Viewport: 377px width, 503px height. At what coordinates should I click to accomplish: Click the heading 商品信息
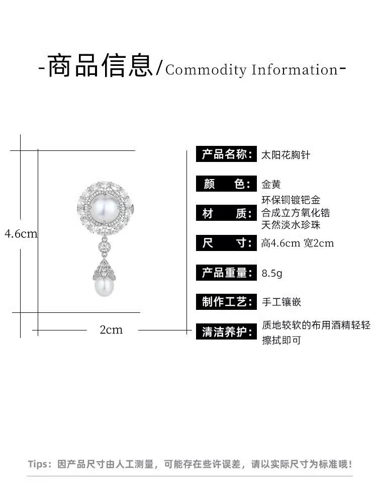click(x=100, y=66)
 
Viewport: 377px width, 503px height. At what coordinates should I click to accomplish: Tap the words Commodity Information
click(x=251, y=69)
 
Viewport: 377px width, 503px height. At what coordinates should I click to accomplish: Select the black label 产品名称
click(x=226, y=154)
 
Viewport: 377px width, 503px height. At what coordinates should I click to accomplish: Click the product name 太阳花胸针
click(x=286, y=155)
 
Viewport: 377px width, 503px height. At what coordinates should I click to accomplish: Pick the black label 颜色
click(x=226, y=184)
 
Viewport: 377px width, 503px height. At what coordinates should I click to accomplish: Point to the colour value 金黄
click(x=271, y=184)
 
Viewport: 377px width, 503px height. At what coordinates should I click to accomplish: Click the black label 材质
click(x=226, y=214)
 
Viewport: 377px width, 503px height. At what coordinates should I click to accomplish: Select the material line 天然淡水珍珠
click(x=291, y=225)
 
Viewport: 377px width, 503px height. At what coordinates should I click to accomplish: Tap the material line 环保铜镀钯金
click(x=291, y=200)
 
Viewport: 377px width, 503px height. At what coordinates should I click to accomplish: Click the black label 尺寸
click(x=226, y=243)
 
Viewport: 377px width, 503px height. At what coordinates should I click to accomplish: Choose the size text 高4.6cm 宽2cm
click(x=298, y=243)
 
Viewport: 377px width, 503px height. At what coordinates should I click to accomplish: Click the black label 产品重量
click(x=226, y=273)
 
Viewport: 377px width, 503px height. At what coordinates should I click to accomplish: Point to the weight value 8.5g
click(x=272, y=274)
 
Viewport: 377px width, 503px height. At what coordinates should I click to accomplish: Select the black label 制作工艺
click(x=226, y=302)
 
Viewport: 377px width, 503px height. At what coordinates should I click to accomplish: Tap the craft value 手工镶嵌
click(x=281, y=302)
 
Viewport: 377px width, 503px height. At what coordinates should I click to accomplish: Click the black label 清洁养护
click(x=226, y=332)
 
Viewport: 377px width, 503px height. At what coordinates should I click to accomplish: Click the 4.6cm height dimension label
click(x=21, y=234)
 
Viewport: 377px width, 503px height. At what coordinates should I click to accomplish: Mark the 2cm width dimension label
click(x=111, y=330)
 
